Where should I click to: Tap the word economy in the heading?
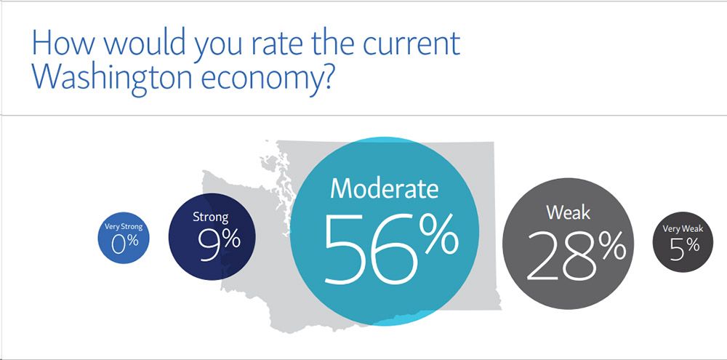[x=260, y=79]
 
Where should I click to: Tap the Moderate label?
[x=384, y=188]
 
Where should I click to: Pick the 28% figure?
[x=577, y=256]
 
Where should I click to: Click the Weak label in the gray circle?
[x=568, y=212]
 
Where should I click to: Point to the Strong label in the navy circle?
[x=211, y=217]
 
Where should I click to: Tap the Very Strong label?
[x=124, y=227]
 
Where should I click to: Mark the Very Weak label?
[x=683, y=228]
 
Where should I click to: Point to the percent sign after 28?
[x=612, y=247]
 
